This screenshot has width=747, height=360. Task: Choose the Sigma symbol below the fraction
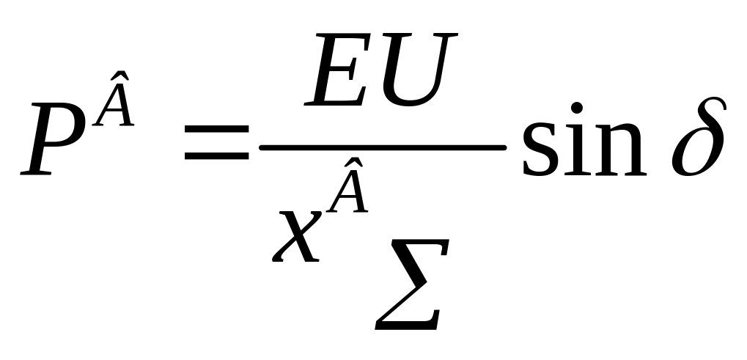click(x=410, y=290)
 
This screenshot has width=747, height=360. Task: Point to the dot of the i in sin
click(x=578, y=109)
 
